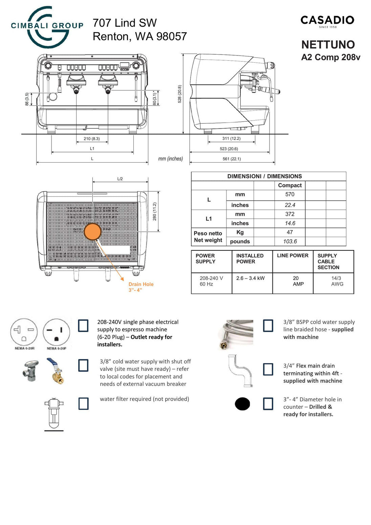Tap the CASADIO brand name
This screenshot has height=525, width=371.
click(x=327, y=20)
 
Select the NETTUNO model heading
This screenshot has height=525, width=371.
click(x=328, y=44)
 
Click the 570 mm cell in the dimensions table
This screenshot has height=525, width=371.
click(x=290, y=194)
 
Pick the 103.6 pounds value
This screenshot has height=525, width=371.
click(x=290, y=241)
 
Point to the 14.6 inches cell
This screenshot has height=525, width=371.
click(x=290, y=223)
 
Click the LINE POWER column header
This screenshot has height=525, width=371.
click(x=292, y=256)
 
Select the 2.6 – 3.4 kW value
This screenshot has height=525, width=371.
click(x=250, y=278)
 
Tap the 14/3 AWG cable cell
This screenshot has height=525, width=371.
click(x=337, y=281)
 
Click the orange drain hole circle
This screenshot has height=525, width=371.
click(x=92, y=232)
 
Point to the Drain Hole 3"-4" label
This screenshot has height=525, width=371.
click(x=141, y=287)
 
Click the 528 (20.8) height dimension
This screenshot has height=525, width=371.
click(x=180, y=94)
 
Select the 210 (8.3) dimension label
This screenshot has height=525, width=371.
click(x=92, y=139)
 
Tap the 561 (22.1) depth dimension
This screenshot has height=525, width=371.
click(x=232, y=159)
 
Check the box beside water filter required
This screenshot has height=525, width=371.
click(x=83, y=403)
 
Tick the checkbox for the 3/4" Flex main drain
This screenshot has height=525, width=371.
click(x=268, y=369)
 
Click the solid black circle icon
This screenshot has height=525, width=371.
click(x=242, y=403)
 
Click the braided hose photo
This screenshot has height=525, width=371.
click(x=236, y=334)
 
